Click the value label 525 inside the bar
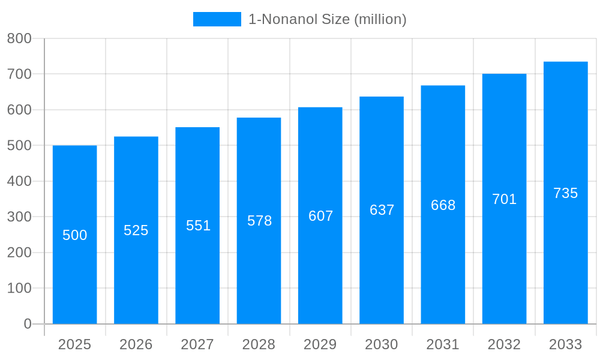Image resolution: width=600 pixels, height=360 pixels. pyautogui.click(x=136, y=230)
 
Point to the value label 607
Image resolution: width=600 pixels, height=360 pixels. pyautogui.click(x=320, y=216)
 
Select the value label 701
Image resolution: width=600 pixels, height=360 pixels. pyautogui.click(x=504, y=199)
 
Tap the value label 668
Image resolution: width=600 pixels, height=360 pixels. pyautogui.click(x=443, y=205)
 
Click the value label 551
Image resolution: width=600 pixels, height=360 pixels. pyautogui.click(x=198, y=226)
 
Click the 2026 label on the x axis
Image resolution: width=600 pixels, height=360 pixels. pyautogui.click(x=136, y=344)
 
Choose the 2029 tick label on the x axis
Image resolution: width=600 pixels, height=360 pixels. pyautogui.click(x=320, y=344)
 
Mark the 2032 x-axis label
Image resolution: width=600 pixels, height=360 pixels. pyautogui.click(x=504, y=344)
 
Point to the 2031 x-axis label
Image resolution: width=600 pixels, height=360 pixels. pyautogui.click(x=443, y=344)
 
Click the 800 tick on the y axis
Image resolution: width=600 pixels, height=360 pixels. pyautogui.click(x=19, y=39)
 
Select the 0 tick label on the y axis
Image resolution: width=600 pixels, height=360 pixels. pyautogui.click(x=27, y=324)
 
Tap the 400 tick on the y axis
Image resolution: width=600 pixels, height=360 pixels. pyautogui.click(x=19, y=181)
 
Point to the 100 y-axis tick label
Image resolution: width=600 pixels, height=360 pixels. pyautogui.click(x=19, y=288)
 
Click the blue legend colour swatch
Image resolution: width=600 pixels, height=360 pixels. pyautogui.click(x=217, y=19)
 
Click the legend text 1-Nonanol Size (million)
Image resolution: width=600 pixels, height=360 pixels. pyautogui.click(x=327, y=19)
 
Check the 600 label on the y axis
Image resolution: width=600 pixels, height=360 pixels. pyautogui.click(x=19, y=110)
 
